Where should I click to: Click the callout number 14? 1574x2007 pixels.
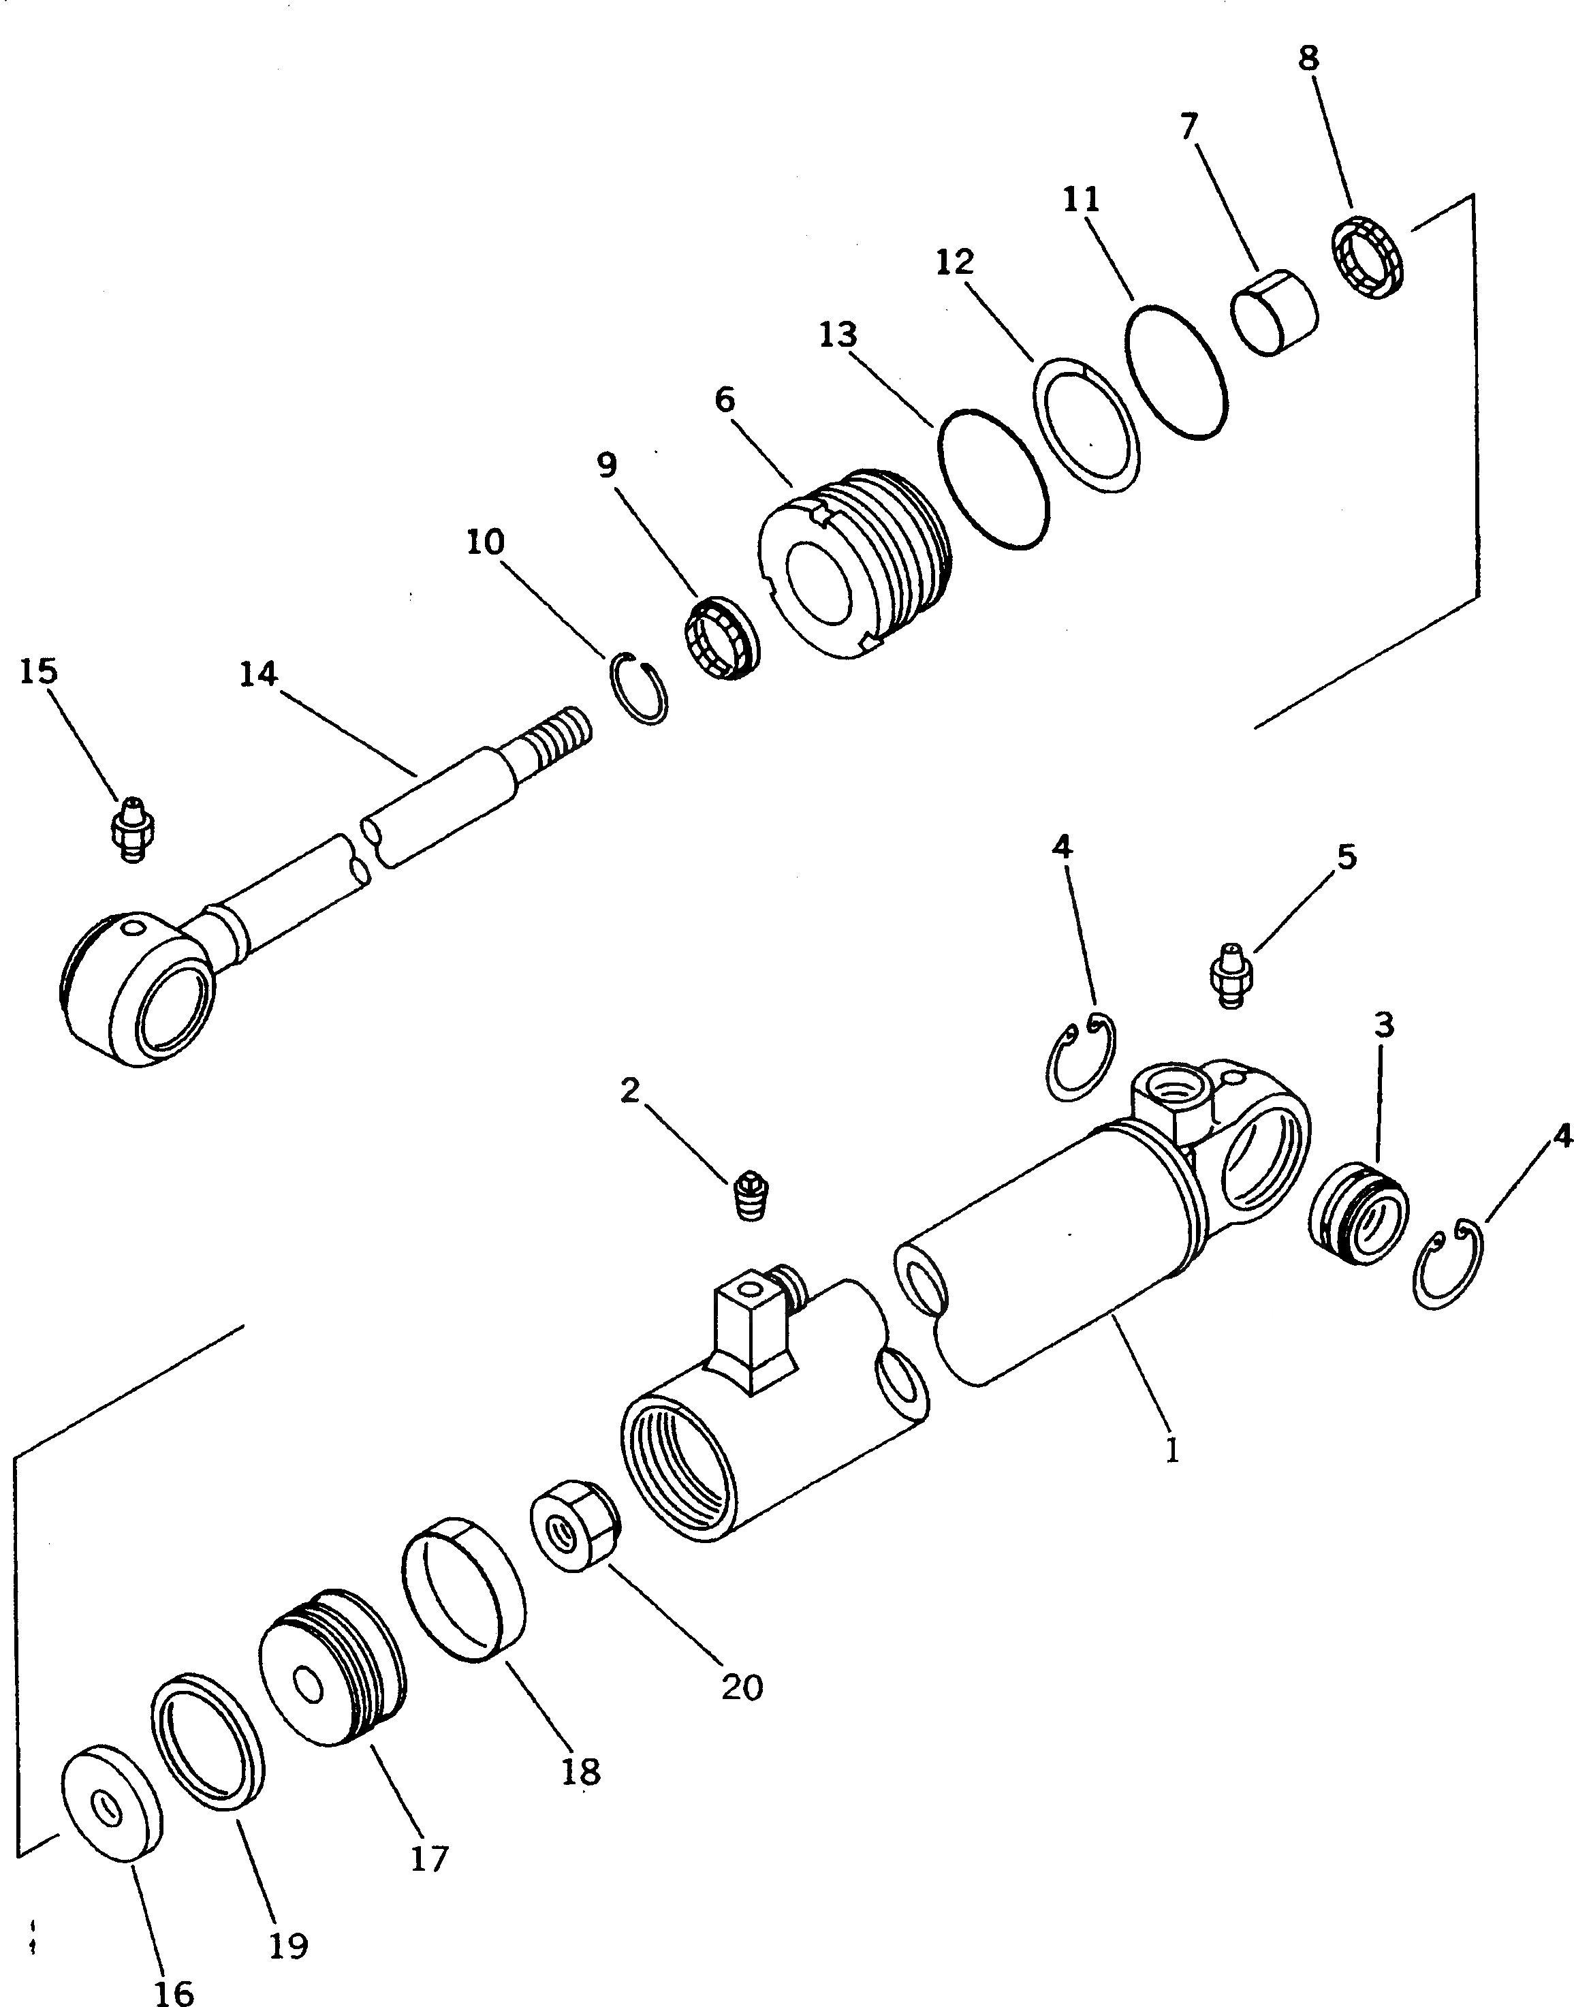coord(258,675)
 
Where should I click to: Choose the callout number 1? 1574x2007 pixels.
coord(1171,1451)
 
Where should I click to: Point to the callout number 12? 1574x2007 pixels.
coord(955,264)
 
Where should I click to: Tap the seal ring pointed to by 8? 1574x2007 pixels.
coord(1370,258)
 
